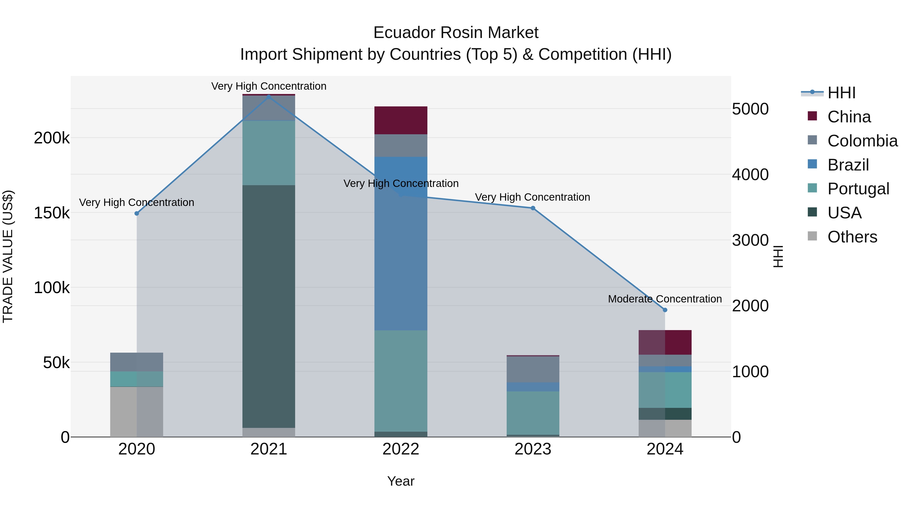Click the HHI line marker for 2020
(x=137, y=214)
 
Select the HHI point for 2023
(x=533, y=208)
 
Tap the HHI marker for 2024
(x=665, y=310)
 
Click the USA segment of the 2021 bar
(x=269, y=306)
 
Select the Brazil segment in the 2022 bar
(x=401, y=243)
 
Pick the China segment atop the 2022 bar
(x=401, y=120)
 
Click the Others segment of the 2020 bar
(x=137, y=412)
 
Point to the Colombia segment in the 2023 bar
(x=533, y=369)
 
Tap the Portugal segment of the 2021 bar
(x=269, y=153)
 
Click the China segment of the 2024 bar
(x=665, y=342)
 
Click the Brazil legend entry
(x=848, y=165)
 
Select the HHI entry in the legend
(x=841, y=93)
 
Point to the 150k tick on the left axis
(x=52, y=213)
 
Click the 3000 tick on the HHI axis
(x=750, y=240)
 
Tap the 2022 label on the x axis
(x=401, y=449)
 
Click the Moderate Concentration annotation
(x=665, y=299)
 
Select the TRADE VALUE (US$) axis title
(x=8, y=256)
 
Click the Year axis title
(x=401, y=481)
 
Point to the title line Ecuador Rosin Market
(x=456, y=33)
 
